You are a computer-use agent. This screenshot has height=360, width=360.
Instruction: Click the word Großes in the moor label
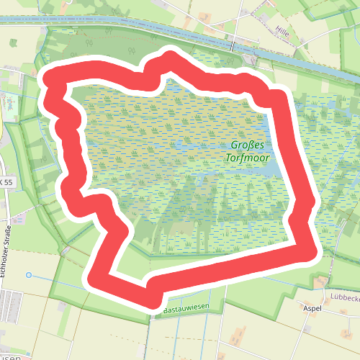point(246,145)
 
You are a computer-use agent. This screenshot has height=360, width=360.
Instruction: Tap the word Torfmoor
point(246,158)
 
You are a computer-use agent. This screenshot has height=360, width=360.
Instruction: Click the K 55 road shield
point(6,183)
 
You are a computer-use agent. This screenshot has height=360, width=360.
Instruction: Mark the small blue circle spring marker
point(29,275)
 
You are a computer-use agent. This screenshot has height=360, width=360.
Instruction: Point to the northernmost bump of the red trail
point(171,58)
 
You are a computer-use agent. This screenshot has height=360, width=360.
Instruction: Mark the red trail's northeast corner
point(277,99)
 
